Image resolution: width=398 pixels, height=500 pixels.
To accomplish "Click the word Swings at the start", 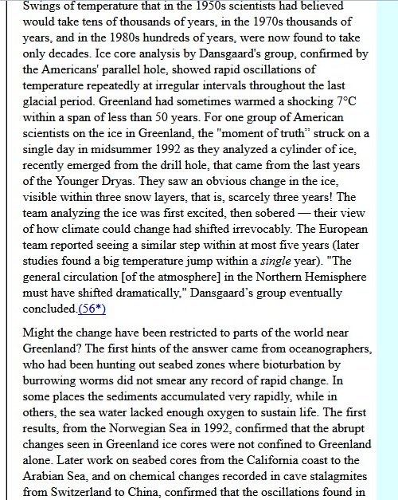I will click(41, 6).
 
